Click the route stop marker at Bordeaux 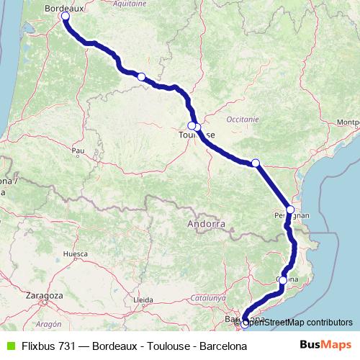click(66, 16)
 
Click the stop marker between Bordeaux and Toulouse click(142, 77)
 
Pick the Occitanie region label click(241, 117)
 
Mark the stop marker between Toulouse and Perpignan click(256, 163)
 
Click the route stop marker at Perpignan click(290, 210)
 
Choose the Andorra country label click(206, 224)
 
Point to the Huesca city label click(75, 254)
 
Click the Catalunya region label click(210, 296)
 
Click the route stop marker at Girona click(283, 280)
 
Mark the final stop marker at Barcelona click(245, 323)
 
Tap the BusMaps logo click(328, 346)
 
